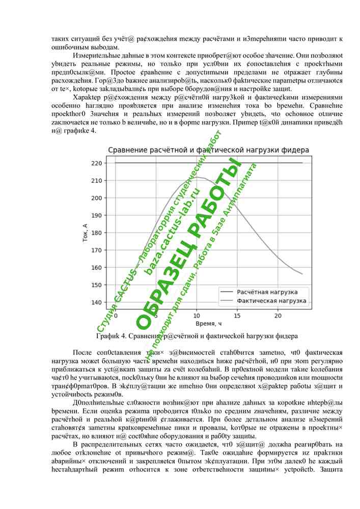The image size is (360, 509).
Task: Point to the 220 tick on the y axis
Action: click(x=97, y=163)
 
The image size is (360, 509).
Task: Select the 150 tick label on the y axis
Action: click(x=97, y=285)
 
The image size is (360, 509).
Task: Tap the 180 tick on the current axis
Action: click(x=97, y=233)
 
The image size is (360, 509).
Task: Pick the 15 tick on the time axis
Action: click(x=237, y=316)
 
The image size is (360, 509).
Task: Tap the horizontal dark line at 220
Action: click(x=153, y=163)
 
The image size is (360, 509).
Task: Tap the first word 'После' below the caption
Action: click(x=83, y=353)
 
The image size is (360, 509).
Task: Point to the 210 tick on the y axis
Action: click(x=97, y=181)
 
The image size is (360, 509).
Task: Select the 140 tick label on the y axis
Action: click(x=97, y=302)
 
